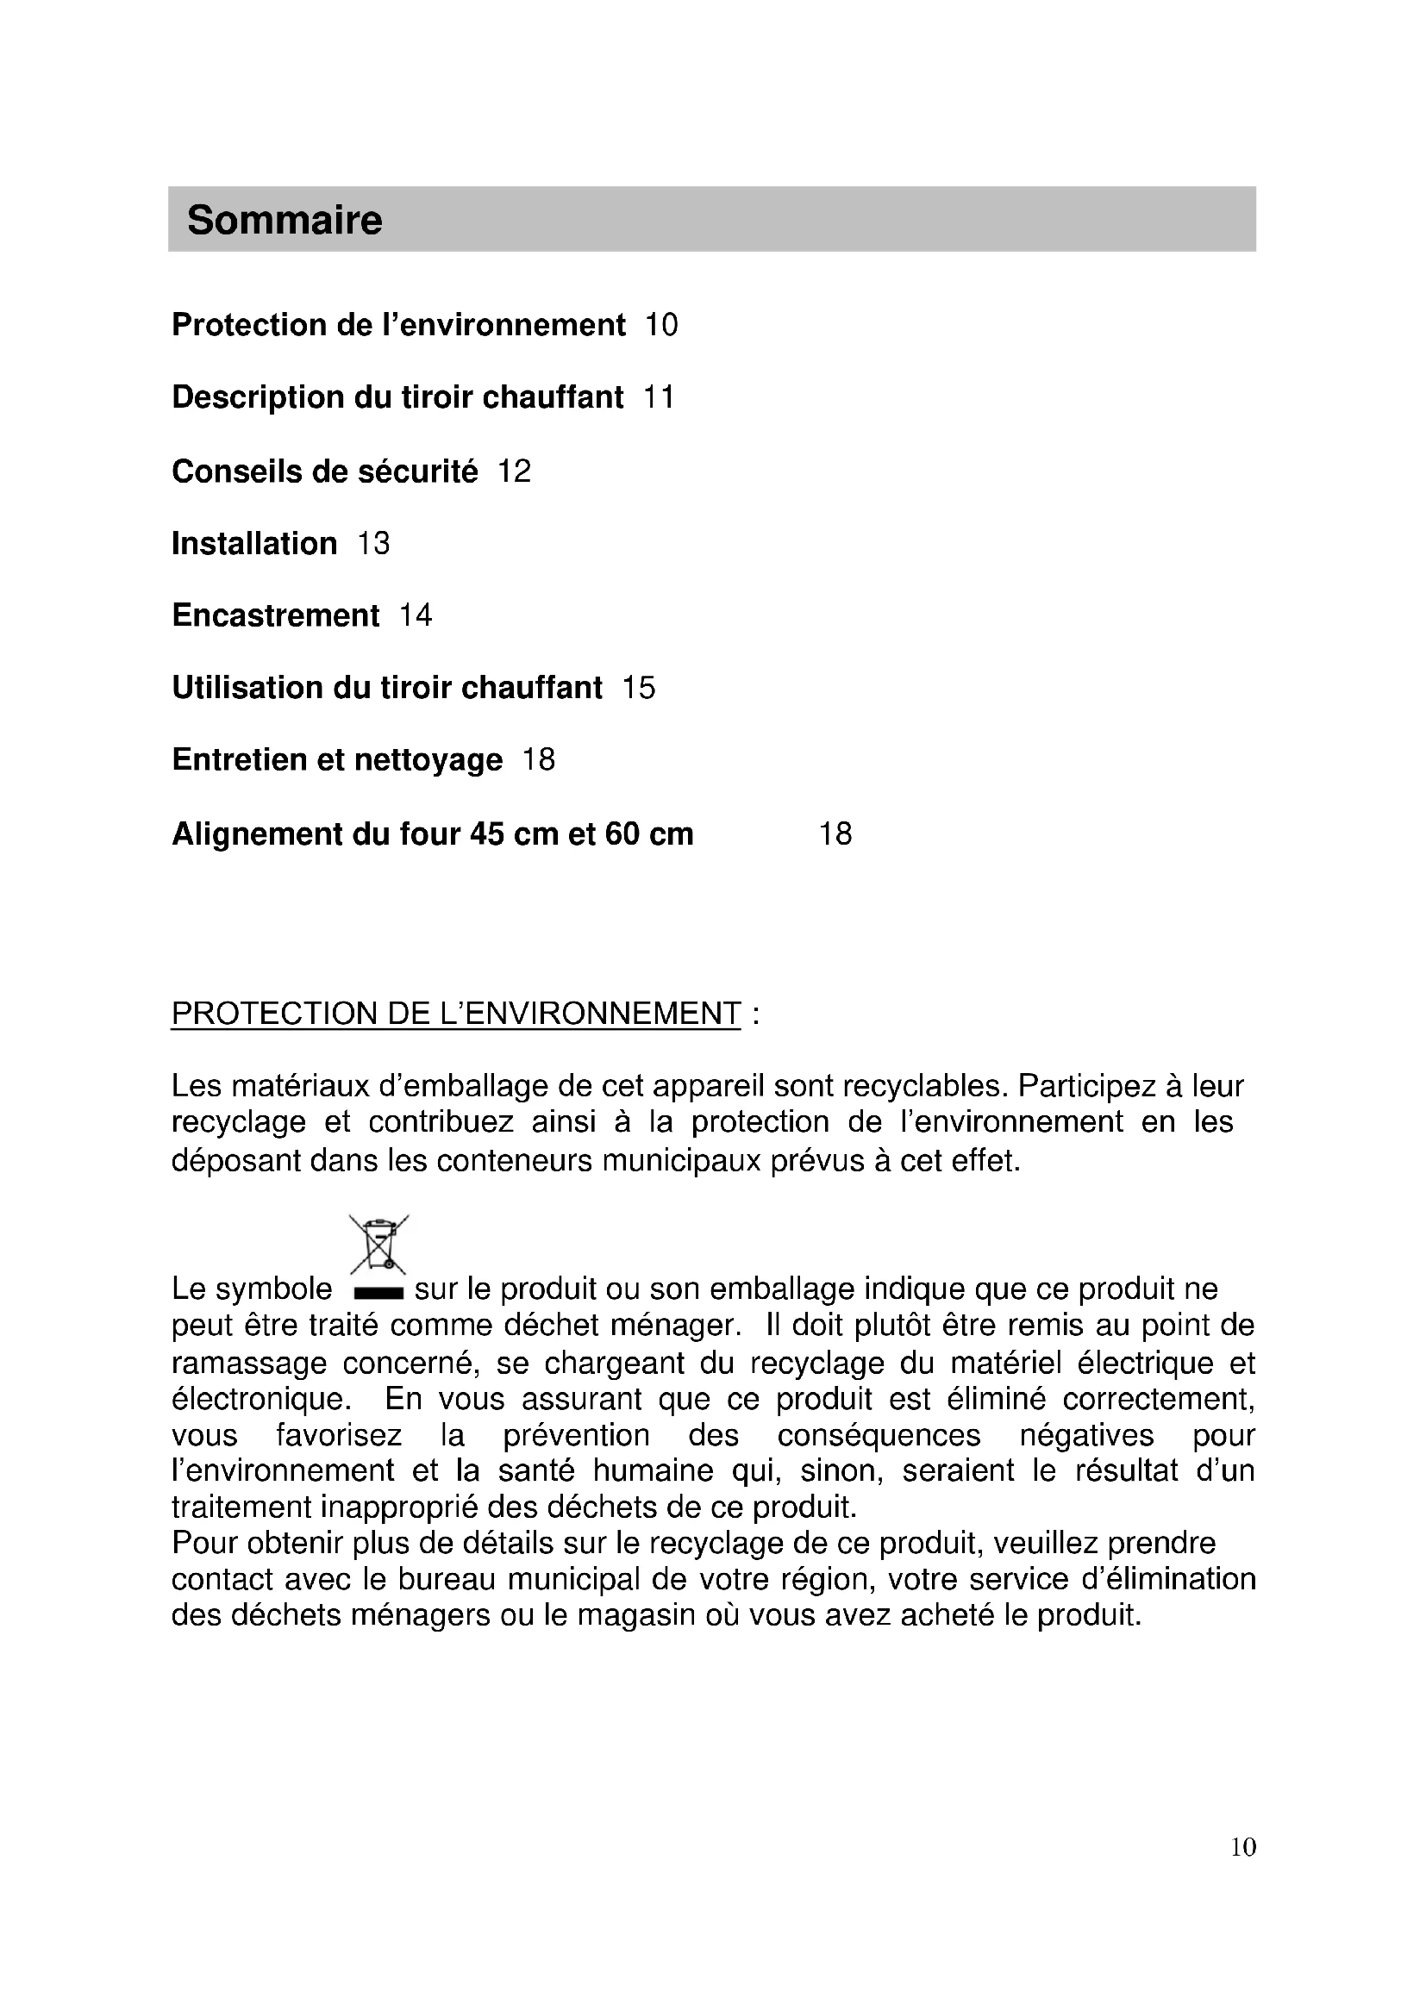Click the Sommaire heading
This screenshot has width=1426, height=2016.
285,220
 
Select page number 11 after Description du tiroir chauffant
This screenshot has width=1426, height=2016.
659,397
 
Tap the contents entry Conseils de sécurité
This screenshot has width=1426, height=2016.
325,471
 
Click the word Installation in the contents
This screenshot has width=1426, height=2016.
254,544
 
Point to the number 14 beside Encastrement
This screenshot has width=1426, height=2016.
416,615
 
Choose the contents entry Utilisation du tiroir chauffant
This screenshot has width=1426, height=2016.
387,688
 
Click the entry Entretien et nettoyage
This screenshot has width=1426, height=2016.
337,759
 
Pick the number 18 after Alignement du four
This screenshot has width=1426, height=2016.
835,833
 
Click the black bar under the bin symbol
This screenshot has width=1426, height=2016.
378,1293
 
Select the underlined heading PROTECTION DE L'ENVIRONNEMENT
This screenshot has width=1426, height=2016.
456,1014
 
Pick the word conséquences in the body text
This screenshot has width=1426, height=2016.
879,1435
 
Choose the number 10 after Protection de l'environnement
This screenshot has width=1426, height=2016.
662,325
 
